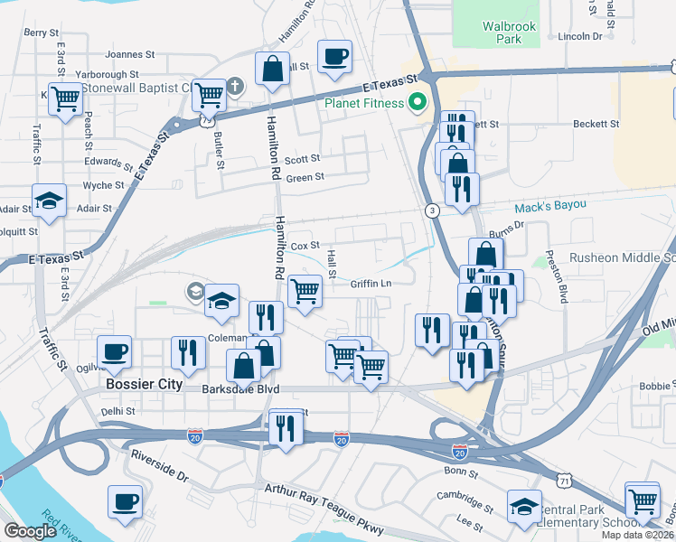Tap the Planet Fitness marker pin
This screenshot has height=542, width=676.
coord(417,102)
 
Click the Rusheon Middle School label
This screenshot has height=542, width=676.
coord(615,258)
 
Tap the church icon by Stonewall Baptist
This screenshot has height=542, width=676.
coord(235,88)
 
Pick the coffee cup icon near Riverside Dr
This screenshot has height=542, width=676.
coord(125,501)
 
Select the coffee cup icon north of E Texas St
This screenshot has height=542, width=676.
coord(334,56)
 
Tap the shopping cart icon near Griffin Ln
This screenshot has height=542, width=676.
coord(305,291)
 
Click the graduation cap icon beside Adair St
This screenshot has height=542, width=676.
coord(49,201)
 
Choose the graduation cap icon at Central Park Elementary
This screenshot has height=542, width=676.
coord(524,507)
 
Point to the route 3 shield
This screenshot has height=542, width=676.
coord(433,210)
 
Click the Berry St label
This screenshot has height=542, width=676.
coord(42,33)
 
